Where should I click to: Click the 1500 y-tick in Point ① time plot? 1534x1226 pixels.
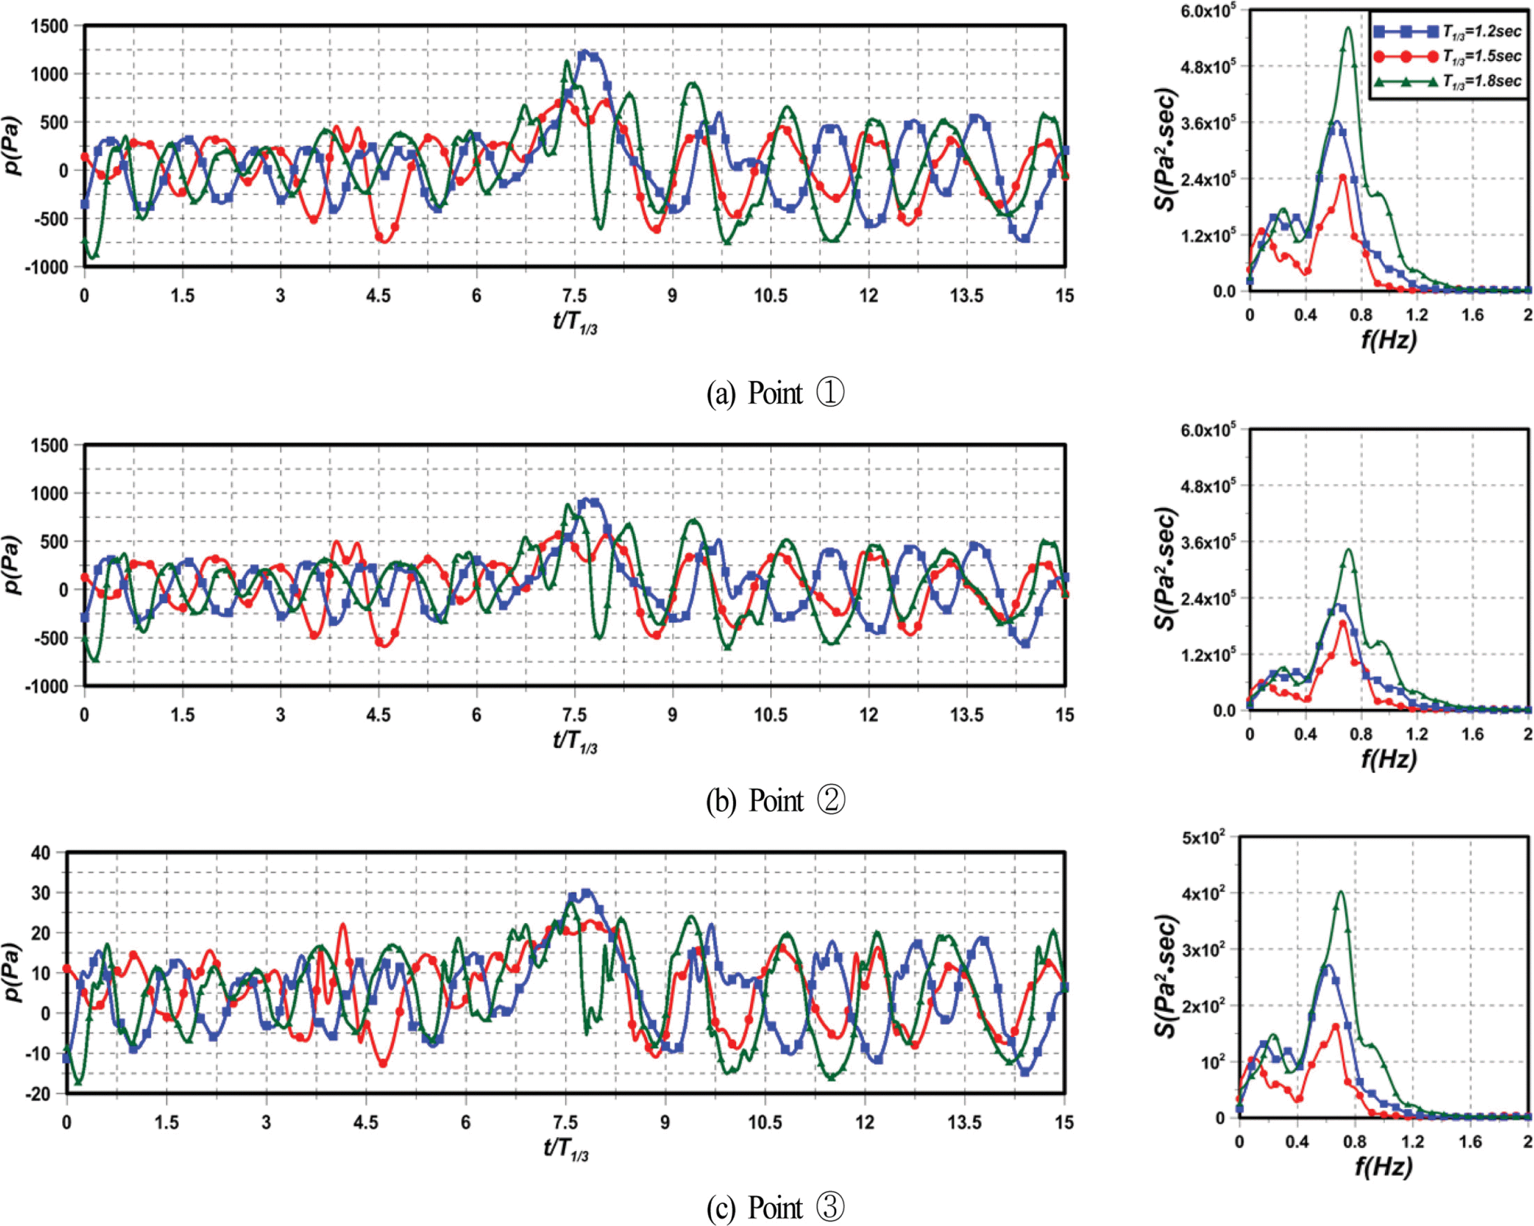click(x=50, y=26)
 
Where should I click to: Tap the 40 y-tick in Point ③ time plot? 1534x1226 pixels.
click(x=41, y=853)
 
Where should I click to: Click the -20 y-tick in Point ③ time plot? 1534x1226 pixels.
click(x=38, y=1094)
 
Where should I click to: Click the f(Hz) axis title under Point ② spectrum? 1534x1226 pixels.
click(x=1389, y=760)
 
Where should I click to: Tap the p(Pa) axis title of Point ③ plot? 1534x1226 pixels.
click(x=13, y=971)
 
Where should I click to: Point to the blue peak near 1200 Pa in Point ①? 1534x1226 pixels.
click(x=585, y=52)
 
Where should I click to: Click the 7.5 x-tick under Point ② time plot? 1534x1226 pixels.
click(x=574, y=714)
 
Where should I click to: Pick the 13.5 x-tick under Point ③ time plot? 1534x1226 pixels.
click(x=964, y=1122)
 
